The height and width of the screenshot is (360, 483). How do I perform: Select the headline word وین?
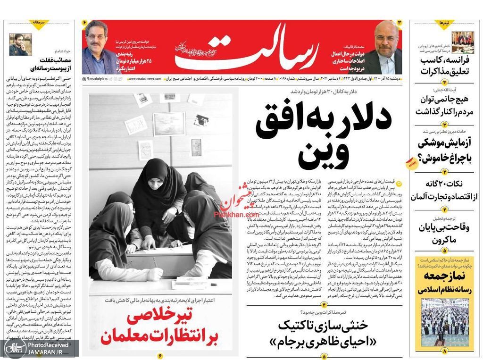point(323,155)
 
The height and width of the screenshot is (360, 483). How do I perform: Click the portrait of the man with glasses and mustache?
point(97,47)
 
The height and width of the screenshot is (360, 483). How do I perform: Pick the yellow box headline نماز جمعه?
point(443,276)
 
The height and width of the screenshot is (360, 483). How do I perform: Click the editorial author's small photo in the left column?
point(20,45)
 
